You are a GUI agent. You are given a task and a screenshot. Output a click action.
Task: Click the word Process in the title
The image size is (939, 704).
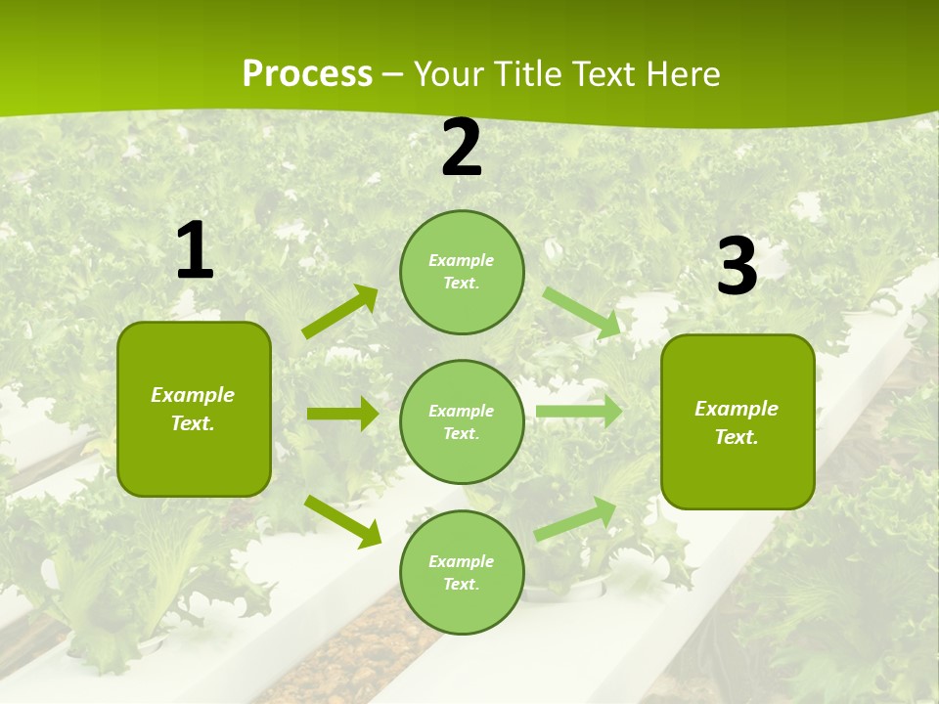(x=307, y=74)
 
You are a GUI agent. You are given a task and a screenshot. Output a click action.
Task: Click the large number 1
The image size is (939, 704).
(x=195, y=251)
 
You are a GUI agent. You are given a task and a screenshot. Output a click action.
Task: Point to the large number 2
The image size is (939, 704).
(x=462, y=148)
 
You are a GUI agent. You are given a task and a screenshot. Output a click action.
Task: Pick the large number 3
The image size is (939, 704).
(x=738, y=267)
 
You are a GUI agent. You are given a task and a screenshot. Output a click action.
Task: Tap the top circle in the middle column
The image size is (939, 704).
(x=462, y=271)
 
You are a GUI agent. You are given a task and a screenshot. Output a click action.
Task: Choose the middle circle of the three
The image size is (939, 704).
(x=462, y=421)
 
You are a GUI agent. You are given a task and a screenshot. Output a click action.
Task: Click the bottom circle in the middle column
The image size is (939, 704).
(x=462, y=572)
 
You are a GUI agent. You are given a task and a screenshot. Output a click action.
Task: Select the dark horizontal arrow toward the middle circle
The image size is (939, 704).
(x=342, y=414)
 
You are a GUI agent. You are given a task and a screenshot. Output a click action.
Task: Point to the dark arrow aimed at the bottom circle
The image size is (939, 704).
(x=343, y=521)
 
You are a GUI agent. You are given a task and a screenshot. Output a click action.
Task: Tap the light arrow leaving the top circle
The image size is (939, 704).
(x=582, y=312)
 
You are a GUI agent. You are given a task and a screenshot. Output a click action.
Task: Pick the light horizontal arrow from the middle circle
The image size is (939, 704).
(x=578, y=411)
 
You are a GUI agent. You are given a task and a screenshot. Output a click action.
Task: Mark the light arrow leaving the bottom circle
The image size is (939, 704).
(x=575, y=518)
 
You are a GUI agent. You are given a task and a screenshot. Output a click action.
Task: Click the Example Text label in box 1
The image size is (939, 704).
(x=193, y=409)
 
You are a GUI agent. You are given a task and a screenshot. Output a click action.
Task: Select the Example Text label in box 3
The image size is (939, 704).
(x=737, y=422)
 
